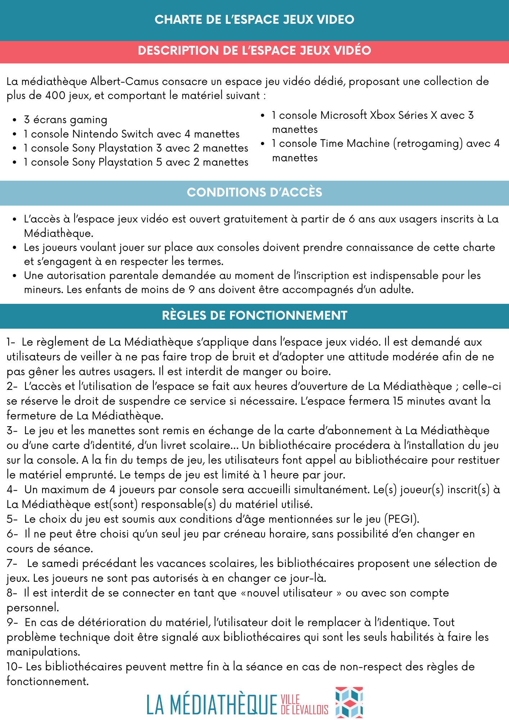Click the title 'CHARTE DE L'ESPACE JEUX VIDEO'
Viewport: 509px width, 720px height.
(254, 19)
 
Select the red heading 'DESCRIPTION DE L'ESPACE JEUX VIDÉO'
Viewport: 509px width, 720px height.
(254, 50)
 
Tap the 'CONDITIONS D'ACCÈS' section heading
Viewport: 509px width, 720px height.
(254, 192)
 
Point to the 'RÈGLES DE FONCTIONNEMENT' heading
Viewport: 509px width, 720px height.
(254, 315)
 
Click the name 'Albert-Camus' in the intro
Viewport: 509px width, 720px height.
(124, 81)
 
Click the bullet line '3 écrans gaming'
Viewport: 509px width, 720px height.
(66, 120)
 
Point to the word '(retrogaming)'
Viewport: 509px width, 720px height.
(428, 143)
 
